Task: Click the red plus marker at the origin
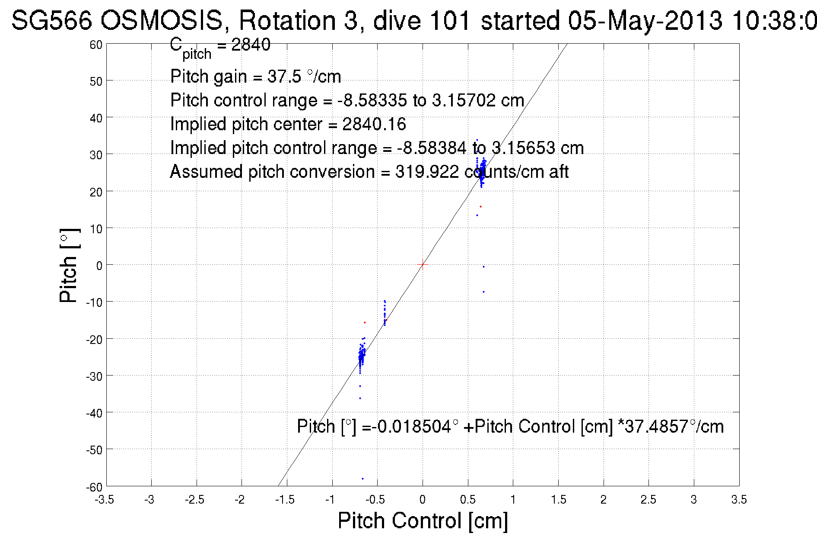point(423,264)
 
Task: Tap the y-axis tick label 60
point(96,45)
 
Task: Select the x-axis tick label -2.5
point(195,500)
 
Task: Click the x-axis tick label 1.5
point(558,500)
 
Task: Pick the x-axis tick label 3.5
point(739,500)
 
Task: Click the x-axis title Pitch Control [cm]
point(423,520)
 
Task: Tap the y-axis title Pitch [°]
point(69,265)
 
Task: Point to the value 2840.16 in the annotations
point(374,124)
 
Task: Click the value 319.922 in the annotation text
point(427,172)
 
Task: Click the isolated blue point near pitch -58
point(362,479)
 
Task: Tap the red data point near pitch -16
point(365,322)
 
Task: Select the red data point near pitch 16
point(480,206)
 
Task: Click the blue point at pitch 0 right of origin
point(483,267)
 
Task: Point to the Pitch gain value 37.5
point(284,77)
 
